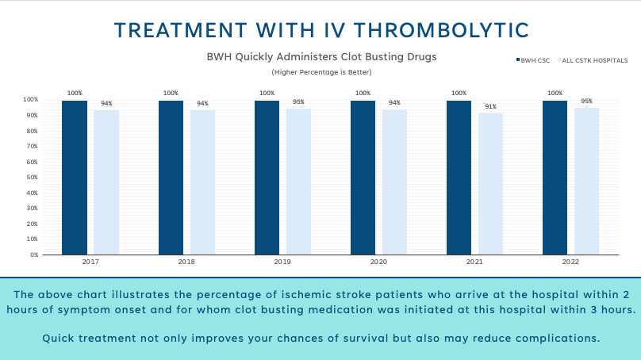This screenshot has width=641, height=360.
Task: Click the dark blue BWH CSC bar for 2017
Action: pos(75,178)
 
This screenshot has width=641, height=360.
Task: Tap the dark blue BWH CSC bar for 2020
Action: pos(363,178)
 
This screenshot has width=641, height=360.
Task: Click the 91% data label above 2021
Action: pos(490,107)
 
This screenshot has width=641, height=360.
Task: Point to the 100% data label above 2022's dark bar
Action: pos(555,93)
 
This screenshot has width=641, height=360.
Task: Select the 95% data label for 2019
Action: pos(298,101)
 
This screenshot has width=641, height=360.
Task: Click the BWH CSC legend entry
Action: pos(535,60)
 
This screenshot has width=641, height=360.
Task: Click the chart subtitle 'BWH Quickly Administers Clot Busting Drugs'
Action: pos(321,57)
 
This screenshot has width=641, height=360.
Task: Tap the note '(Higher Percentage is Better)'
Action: pos(321,72)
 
